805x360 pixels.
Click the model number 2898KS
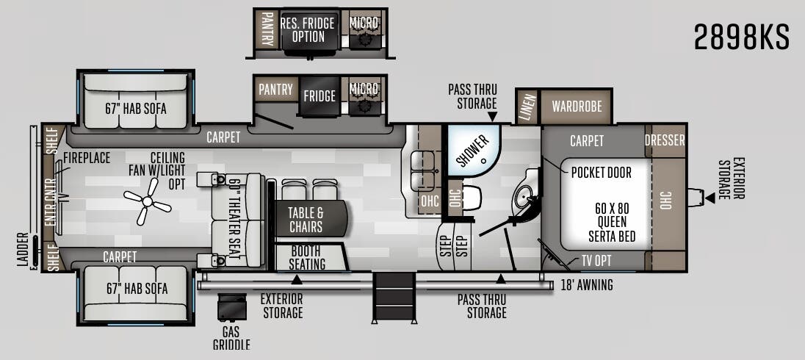(x=741, y=37)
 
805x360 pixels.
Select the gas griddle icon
(x=231, y=308)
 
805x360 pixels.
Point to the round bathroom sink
(x=525, y=195)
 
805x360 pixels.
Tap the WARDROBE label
(x=577, y=107)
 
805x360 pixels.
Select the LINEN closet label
(x=526, y=107)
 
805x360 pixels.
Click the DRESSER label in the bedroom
(x=665, y=140)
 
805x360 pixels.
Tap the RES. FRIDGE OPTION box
(x=308, y=29)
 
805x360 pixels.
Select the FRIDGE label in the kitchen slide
(x=319, y=96)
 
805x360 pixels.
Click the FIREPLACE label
(x=86, y=158)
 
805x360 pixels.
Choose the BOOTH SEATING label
(x=307, y=257)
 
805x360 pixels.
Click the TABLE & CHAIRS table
(x=306, y=217)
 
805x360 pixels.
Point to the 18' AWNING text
(x=586, y=285)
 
